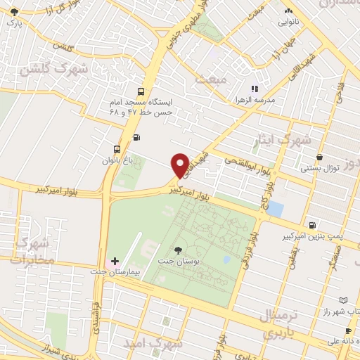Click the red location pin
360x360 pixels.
180,165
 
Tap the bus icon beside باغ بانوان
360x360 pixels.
117,149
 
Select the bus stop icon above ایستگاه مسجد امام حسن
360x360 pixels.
141,91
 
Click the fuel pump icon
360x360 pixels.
136,137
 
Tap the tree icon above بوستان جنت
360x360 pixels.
176,250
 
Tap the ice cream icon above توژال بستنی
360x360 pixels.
320,157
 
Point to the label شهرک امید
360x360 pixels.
153,344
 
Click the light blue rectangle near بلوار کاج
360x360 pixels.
275,209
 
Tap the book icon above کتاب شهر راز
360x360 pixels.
343,300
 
